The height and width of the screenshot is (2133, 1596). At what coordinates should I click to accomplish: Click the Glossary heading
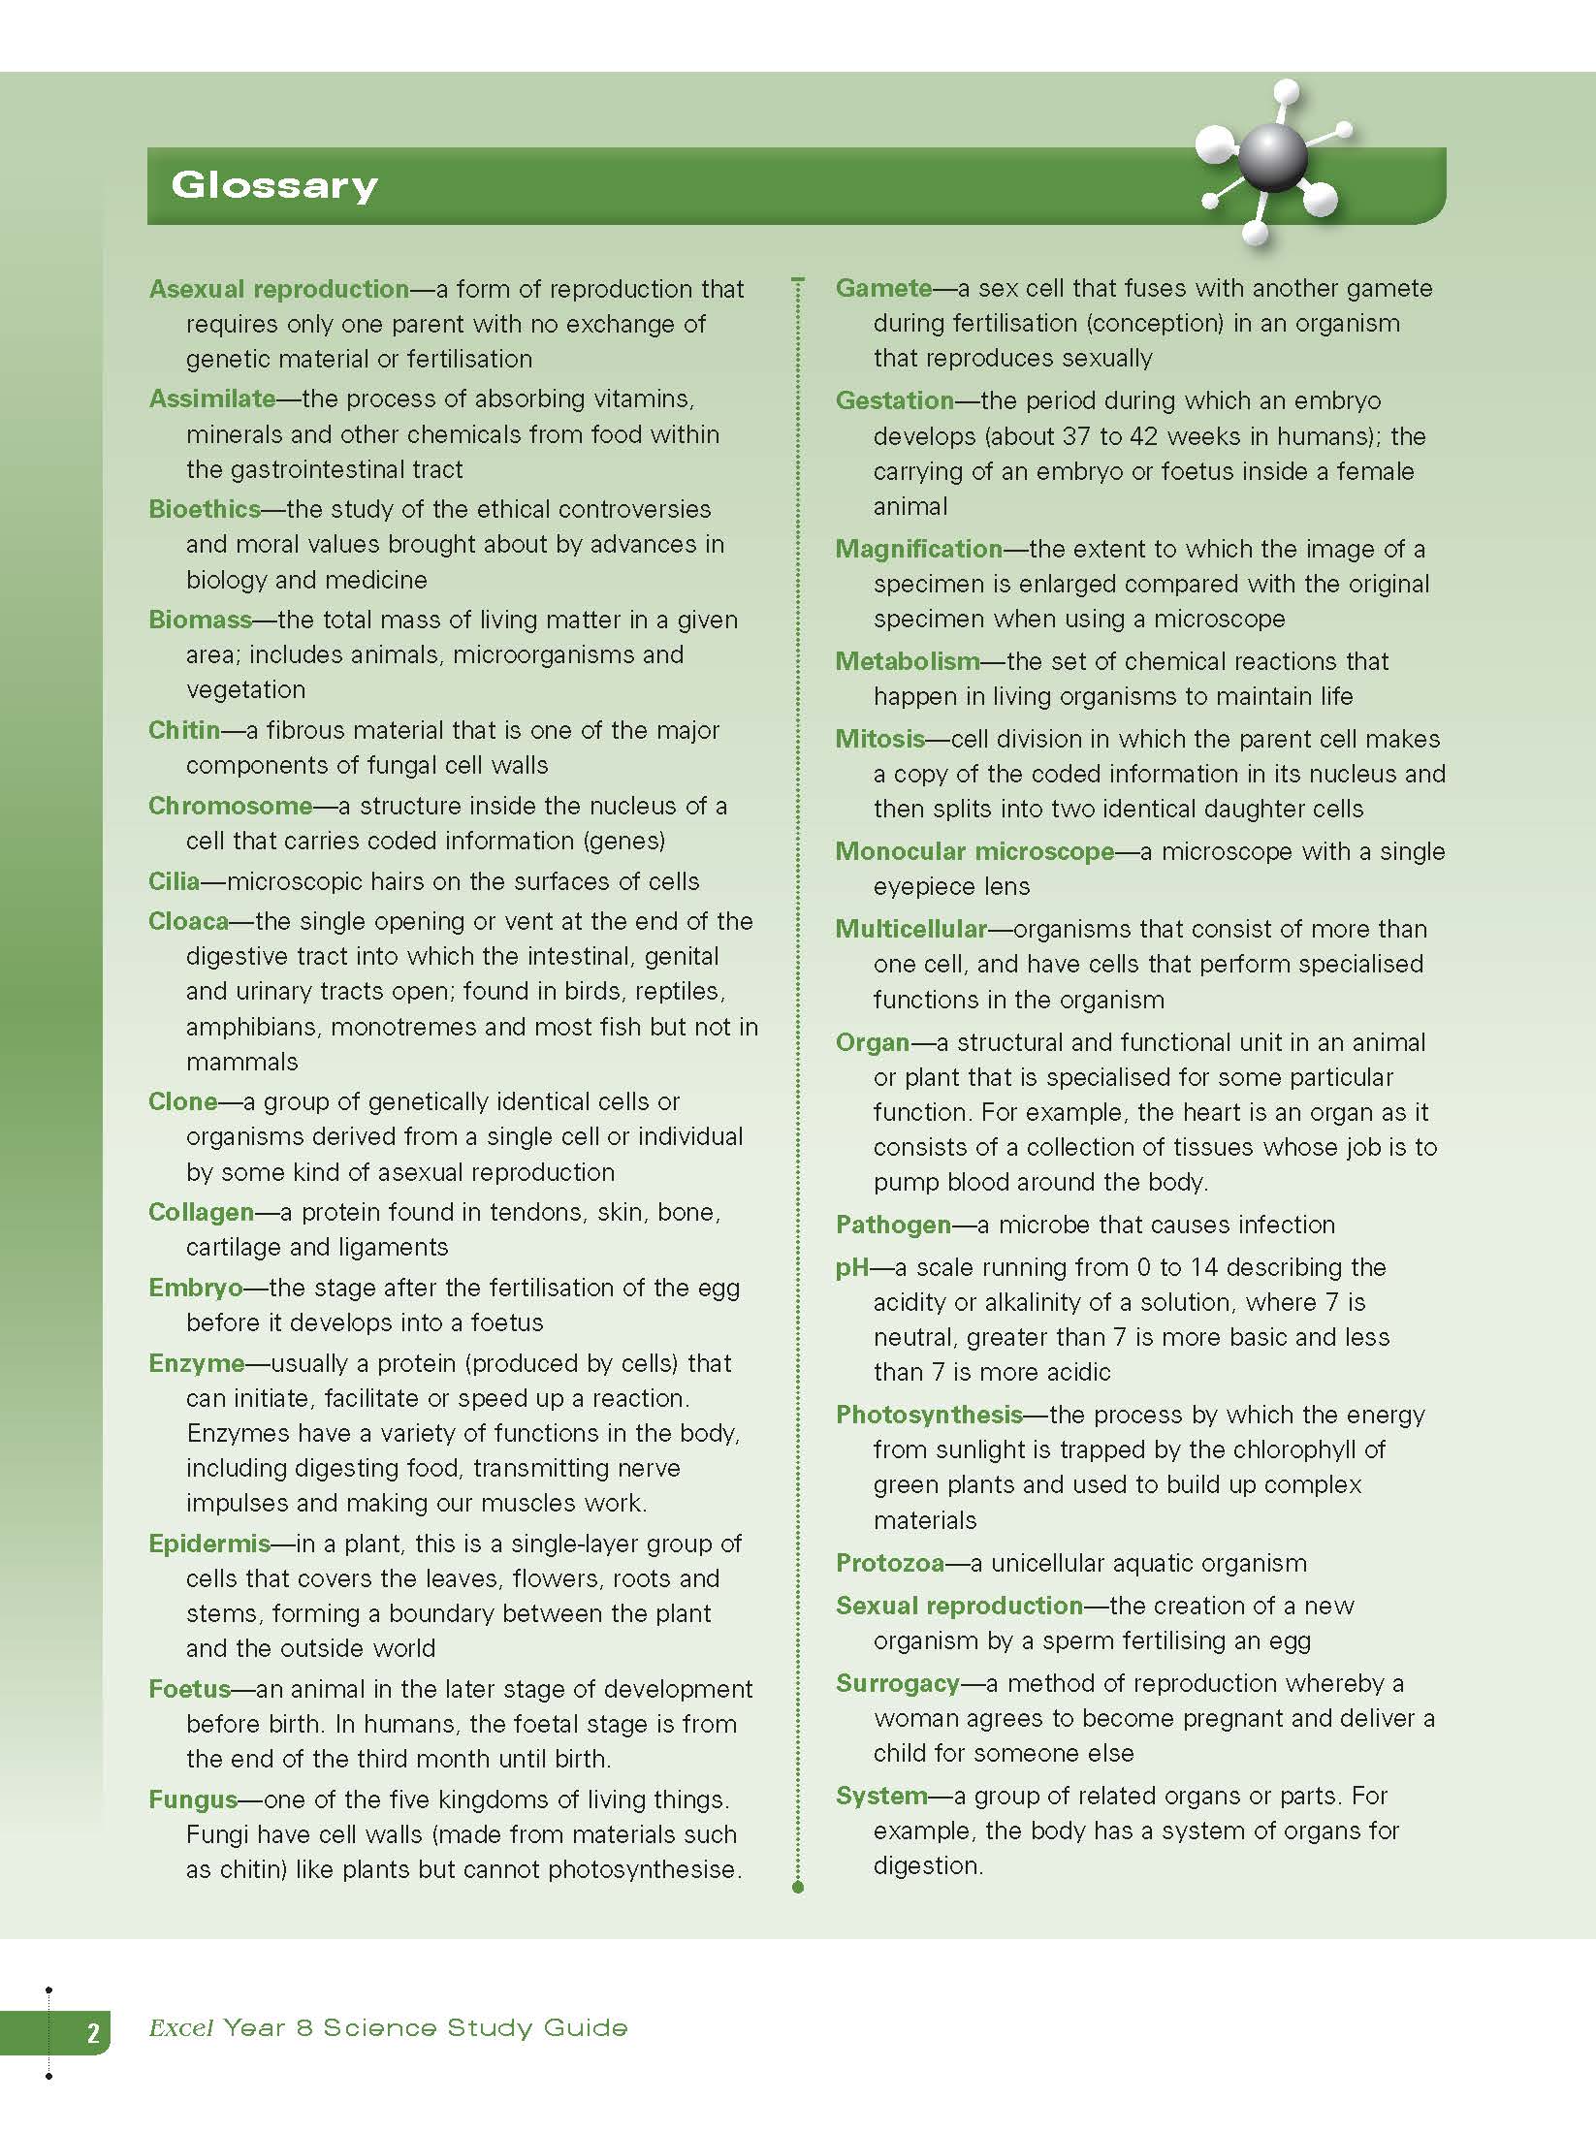(274, 185)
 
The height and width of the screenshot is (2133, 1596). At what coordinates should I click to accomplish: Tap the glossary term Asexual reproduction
(279, 289)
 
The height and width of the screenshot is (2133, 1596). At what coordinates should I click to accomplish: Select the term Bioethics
(205, 509)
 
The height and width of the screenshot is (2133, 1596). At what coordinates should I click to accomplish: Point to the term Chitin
(184, 730)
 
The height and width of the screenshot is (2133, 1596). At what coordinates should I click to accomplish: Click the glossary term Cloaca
(188, 921)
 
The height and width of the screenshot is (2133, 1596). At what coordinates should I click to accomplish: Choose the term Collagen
(201, 1212)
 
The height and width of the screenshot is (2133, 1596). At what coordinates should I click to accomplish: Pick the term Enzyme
(196, 1363)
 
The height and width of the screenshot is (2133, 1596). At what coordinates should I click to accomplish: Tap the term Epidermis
(209, 1544)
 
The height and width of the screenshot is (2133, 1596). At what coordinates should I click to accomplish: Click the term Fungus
(193, 1799)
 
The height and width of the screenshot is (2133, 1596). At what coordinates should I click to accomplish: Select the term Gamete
(883, 288)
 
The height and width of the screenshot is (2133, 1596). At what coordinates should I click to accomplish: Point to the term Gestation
(895, 400)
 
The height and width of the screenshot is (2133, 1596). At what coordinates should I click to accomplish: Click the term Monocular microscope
(974, 851)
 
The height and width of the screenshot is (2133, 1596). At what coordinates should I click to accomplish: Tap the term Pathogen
(893, 1225)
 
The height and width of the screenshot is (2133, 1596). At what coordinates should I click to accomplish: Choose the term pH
(852, 1267)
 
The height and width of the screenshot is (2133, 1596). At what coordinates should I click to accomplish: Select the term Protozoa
(890, 1563)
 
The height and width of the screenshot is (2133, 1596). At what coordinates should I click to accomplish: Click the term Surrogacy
(898, 1683)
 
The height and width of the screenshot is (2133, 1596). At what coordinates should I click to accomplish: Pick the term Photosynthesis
(929, 1415)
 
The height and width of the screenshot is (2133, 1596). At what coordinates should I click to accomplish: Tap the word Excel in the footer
(180, 2028)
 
